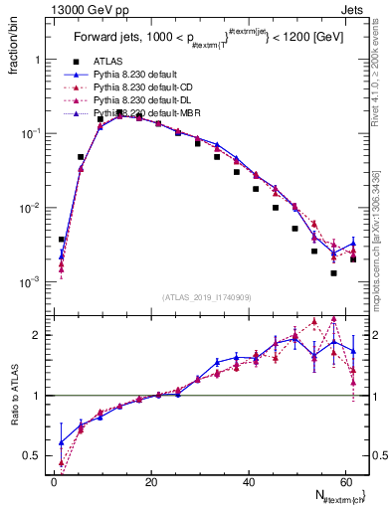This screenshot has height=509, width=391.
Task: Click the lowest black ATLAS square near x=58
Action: (x=334, y=272)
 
